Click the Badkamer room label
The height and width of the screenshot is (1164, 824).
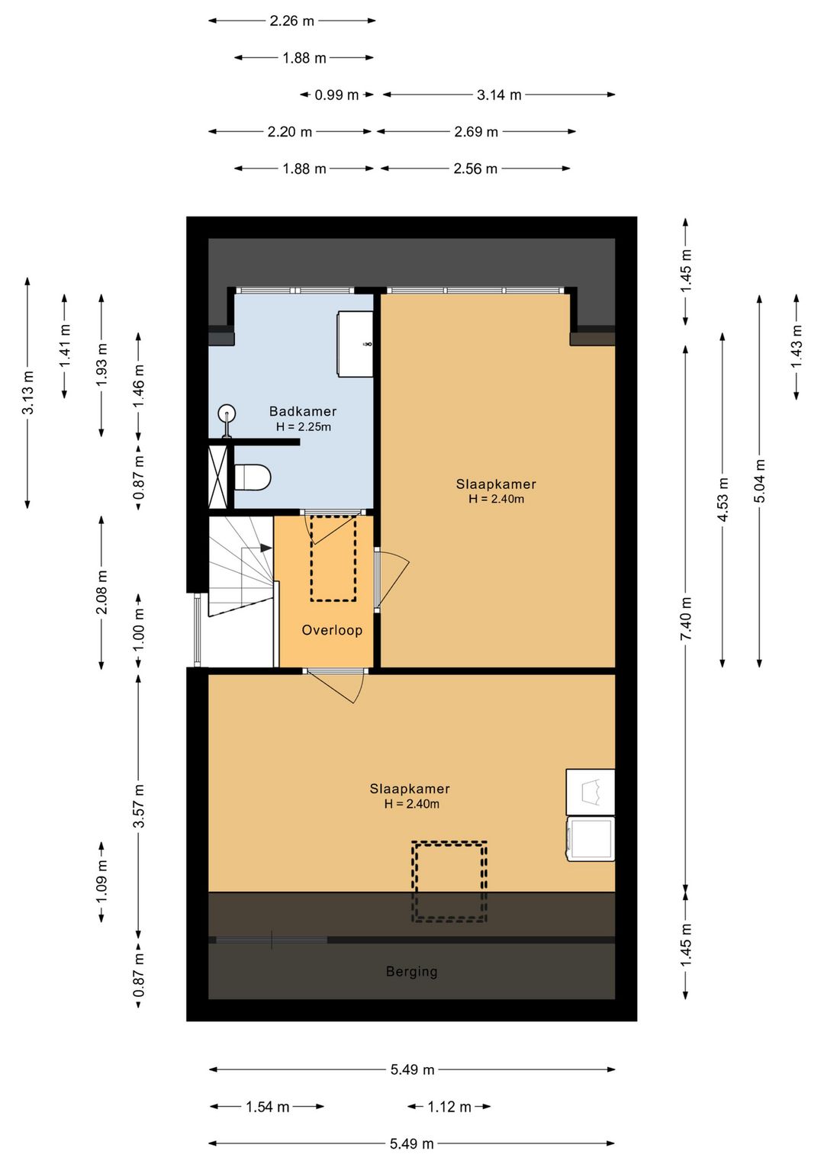(x=303, y=411)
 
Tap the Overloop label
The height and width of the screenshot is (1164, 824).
(x=332, y=630)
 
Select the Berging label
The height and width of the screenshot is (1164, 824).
(x=411, y=972)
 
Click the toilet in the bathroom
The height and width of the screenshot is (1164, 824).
(x=252, y=477)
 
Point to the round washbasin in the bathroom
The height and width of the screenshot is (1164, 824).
(x=227, y=414)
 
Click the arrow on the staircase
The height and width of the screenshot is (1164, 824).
(x=266, y=548)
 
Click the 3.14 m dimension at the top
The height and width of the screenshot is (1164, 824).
(x=498, y=95)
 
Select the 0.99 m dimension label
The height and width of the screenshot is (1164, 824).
(x=336, y=95)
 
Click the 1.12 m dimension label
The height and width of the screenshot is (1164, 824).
(x=449, y=1107)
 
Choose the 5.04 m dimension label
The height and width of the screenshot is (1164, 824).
(x=760, y=481)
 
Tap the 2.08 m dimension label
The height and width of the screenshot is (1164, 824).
(x=101, y=592)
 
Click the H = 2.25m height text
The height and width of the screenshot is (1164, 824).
(x=303, y=427)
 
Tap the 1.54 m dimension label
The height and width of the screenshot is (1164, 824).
(x=267, y=1107)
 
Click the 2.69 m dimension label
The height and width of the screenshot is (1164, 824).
(x=475, y=131)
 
